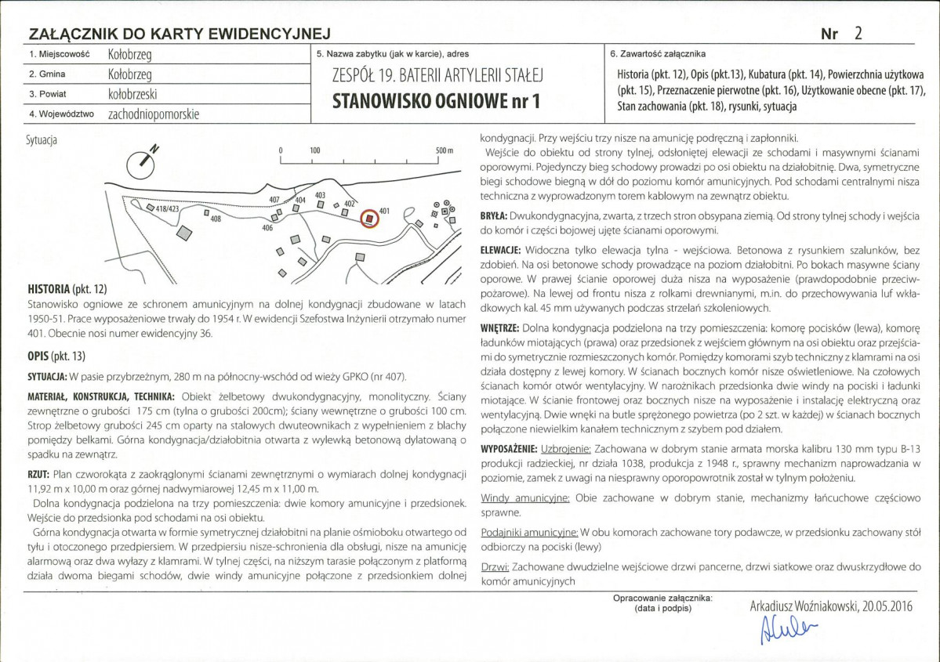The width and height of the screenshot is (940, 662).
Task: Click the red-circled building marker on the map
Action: click(x=369, y=219)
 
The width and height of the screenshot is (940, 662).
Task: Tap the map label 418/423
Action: click(x=167, y=209)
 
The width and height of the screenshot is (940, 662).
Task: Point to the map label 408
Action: click(x=216, y=219)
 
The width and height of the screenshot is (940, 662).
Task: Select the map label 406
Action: click(x=267, y=228)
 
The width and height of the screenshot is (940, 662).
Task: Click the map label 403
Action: click(x=320, y=195)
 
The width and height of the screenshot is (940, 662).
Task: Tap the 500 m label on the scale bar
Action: click(x=445, y=150)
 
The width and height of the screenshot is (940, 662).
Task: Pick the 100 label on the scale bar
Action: click(x=314, y=150)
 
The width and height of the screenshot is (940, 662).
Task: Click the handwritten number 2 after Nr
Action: click(x=858, y=33)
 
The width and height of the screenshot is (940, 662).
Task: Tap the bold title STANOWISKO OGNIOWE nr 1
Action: click(x=436, y=100)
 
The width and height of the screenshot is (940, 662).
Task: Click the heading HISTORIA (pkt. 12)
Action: click(x=67, y=289)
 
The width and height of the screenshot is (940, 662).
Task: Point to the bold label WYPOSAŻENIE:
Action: click(x=509, y=450)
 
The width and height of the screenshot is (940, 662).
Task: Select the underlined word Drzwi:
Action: click(x=495, y=566)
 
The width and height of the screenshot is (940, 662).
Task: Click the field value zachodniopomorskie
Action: click(x=154, y=114)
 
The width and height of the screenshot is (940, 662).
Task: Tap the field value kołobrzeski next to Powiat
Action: click(x=132, y=94)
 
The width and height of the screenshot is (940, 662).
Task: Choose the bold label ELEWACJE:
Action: click(x=500, y=251)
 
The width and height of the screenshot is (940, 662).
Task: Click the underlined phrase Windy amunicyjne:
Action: click(x=525, y=498)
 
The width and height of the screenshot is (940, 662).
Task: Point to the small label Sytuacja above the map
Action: click(x=42, y=140)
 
